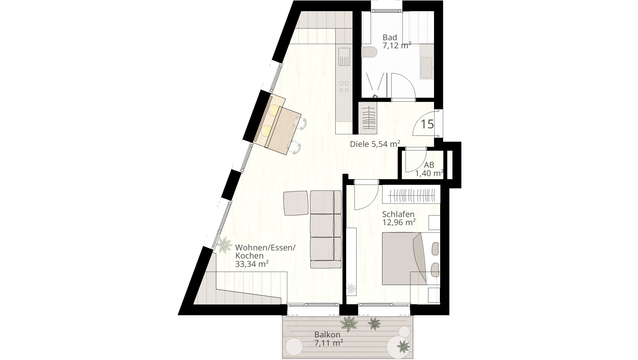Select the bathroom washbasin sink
click(x=426, y=68)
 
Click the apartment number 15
click(x=427, y=124)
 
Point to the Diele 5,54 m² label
click(x=375, y=144)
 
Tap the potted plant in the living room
click(x=224, y=245)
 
